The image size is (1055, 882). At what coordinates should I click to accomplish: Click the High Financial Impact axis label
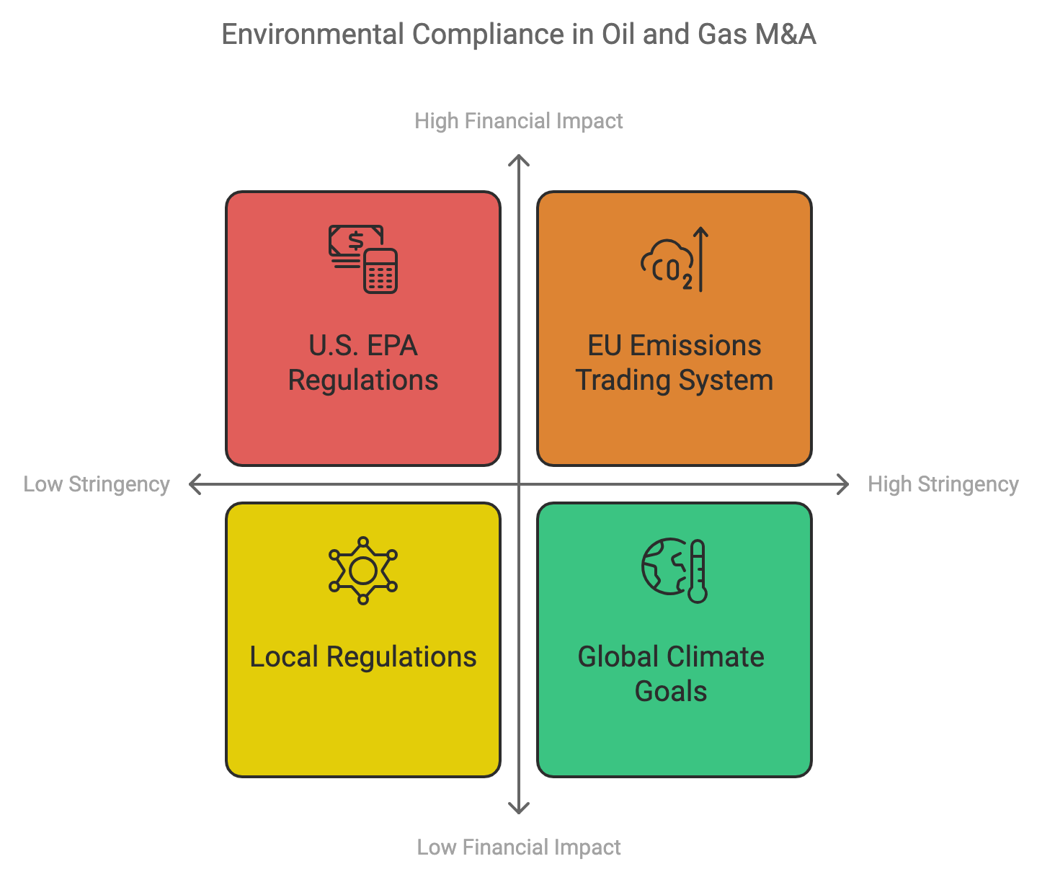pos(518,121)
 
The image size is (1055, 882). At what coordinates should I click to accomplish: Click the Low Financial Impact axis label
pos(518,847)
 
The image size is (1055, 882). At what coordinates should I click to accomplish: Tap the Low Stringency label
pos(97,484)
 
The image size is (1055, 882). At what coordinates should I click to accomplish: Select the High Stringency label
pos(943,484)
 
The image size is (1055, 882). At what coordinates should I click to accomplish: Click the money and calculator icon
pos(362,259)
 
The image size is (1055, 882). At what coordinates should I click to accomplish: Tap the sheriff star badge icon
pos(362,571)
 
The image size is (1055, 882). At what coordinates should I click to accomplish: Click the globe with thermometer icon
pos(675,571)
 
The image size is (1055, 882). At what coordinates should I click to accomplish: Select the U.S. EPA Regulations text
pos(362,362)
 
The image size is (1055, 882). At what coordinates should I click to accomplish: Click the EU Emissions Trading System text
pos(675,362)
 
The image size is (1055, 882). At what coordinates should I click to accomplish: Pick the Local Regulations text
pos(362,656)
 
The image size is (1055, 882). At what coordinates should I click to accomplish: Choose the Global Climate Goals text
pos(671,674)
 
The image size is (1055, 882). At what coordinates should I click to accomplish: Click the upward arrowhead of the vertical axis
pos(518,156)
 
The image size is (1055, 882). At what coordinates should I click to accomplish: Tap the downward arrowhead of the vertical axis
pos(518,813)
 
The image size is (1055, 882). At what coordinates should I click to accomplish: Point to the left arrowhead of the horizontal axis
pos(190,484)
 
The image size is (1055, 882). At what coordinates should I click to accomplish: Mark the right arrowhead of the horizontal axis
pos(848,484)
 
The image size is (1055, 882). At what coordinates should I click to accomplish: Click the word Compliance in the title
pos(488,35)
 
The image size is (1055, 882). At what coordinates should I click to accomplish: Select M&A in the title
pos(785,35)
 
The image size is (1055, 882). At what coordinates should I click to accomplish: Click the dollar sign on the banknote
pos(356,241)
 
